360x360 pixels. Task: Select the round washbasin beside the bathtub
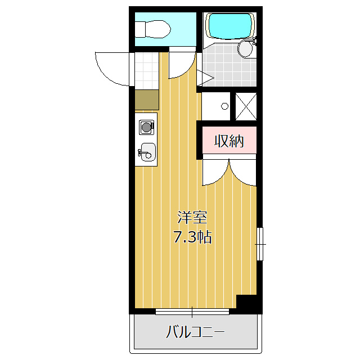pos(246,49)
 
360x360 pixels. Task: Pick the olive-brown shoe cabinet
pos(146,100)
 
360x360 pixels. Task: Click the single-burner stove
pos(146,127)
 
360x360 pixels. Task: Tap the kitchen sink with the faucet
pos(147,151)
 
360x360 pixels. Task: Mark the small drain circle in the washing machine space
pos(224,106)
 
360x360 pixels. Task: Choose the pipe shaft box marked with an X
pos(245,106)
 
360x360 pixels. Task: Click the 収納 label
pos(228,141)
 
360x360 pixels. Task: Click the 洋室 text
pos(192,217)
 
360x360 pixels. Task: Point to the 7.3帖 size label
pos(192,237)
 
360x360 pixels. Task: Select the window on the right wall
pos(259,244)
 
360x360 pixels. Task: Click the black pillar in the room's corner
pos(247,303)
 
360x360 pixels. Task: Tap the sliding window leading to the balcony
pos(192,311)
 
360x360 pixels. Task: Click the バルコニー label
pos(195,332)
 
